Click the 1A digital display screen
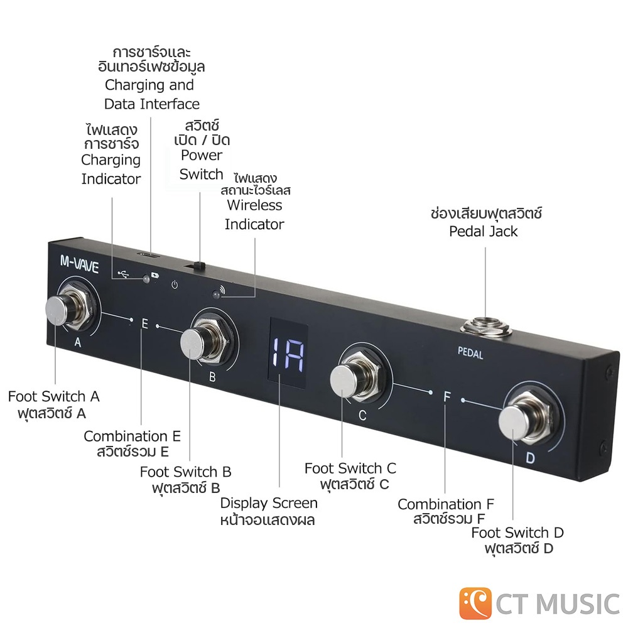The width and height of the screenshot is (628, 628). click(288, 353)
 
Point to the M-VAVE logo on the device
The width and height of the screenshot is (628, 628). click(79, 264)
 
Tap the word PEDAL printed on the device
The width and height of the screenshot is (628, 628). click(470, 353)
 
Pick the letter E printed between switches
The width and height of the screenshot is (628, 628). click(145, 323)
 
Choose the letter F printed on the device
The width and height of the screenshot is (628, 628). click(447, 396)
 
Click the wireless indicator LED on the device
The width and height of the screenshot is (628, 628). click(216, 295)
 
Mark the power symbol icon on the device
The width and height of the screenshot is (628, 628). click(174, 284)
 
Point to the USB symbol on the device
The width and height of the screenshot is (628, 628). click(124, 274)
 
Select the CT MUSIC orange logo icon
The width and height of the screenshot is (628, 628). click(475, 603)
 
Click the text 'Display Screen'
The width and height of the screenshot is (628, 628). click(269, 503)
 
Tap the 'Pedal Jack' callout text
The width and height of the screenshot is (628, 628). click(484, 232)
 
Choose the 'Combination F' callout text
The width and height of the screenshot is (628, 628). click(446, 504)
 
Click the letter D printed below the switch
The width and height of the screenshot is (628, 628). click(530, 458)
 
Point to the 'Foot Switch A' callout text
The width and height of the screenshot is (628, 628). click(53, 396)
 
